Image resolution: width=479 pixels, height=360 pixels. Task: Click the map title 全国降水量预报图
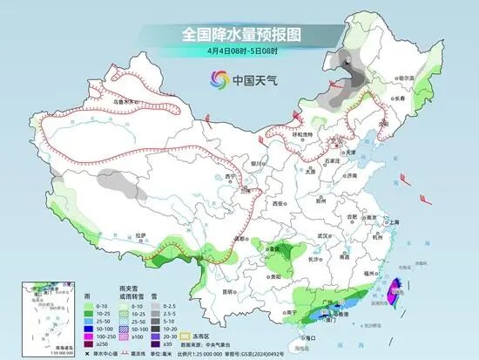click(x=239, y=35)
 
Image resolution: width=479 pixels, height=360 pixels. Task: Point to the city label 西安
click(x=278, y=202)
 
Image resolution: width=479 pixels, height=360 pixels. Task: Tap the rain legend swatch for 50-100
click(x=90, y=328)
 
